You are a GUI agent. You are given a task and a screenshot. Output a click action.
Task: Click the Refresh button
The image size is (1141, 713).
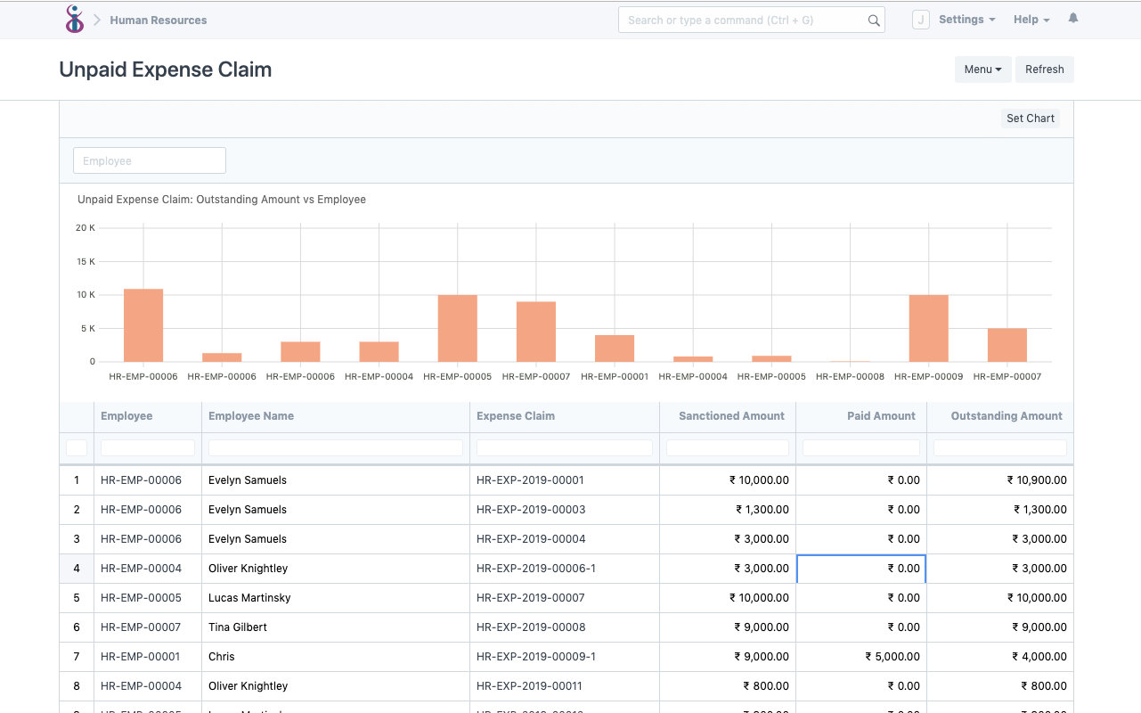click(1044, 70)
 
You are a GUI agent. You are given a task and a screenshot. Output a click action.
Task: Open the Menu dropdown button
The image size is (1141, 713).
click(982, 70)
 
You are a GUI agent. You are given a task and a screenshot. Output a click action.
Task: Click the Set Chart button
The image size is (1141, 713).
click(1030, 119)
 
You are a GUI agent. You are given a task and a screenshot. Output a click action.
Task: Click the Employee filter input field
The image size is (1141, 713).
click(150, 161)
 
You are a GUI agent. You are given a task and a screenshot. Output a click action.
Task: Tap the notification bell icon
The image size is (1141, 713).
click(1073, 19)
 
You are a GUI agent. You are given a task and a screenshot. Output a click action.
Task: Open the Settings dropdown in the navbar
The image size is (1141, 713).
click(966, 20)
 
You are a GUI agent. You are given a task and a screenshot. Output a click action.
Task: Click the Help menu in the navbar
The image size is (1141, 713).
click(1031, 20)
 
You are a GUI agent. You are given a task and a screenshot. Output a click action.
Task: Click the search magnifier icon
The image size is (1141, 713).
click(874, 20)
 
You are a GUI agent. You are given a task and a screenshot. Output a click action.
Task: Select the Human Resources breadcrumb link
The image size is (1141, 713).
click(159, 20)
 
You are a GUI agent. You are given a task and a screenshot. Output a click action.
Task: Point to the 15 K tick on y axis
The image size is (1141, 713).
click(86, 262)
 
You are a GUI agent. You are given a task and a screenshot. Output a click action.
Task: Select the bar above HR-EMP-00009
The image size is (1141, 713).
click(928, 328)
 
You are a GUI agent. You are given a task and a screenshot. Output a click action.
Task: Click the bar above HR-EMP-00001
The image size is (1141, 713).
click(615, 348)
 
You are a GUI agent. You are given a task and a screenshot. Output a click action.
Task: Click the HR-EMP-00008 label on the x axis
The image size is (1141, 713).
click(850, 377)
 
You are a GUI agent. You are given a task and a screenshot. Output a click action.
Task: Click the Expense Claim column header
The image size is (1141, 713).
click(516, 416)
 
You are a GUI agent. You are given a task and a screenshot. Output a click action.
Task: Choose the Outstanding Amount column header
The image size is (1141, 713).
click(1006, 416)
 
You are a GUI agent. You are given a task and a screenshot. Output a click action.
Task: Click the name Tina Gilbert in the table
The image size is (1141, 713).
click(238, 627)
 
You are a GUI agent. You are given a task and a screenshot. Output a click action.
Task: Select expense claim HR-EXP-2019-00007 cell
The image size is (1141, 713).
click(531, 598)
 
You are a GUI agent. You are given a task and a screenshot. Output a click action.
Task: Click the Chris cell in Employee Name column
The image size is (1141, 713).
click(222, 657)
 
